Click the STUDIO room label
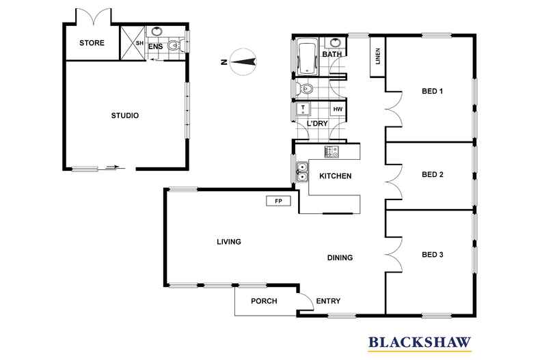tap(125, 115)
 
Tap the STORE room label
tap(92, 43)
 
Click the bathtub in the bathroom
tap(306, 57)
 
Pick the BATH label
tap(332, 54)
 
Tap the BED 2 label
tap(433, 174)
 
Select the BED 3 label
tap(433, 255)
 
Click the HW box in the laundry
tap(338, 109)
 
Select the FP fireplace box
tap(278, 202)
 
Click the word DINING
tap(339, 258)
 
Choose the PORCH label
tap(264, 301)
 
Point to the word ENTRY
tap(328, 301)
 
